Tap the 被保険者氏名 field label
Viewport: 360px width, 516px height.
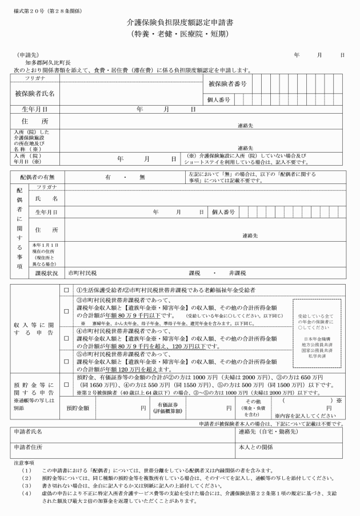(x=35, y=93)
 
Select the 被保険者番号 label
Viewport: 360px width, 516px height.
(x=227, y=84)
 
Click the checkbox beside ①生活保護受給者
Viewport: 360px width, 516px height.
(x=66, y=291)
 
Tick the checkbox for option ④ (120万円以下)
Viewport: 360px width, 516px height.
(x=66, y=331)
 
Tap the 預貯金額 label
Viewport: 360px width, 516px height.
(x=78, y=407)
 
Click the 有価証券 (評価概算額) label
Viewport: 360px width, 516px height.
(x=169, y=407)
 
